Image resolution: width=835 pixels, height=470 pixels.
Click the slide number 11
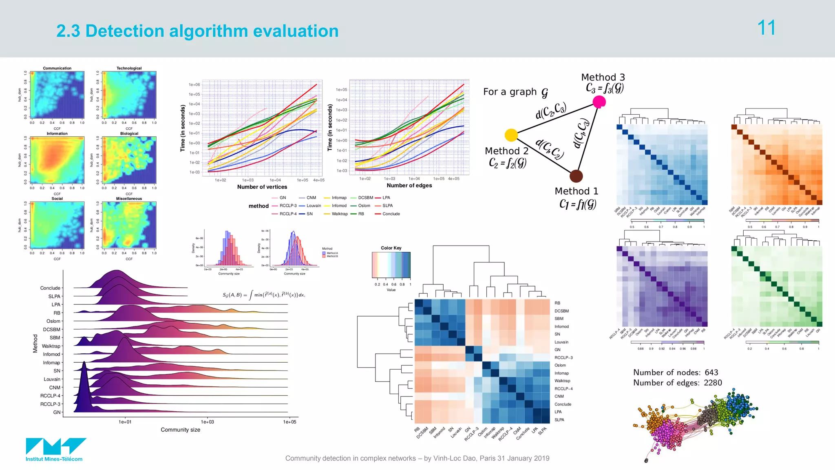point(766,28)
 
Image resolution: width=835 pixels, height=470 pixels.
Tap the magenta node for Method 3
point(599,102)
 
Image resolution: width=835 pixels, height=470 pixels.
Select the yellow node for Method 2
point(511,135)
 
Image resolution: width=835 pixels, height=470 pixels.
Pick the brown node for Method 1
point(576,176)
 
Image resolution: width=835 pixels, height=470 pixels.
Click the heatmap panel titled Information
point(57,160)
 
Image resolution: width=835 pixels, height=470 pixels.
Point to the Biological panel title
point(129,133)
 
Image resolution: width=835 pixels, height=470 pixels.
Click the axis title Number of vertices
point(262,187)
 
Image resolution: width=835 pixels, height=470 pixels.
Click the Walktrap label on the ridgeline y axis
point(51,346)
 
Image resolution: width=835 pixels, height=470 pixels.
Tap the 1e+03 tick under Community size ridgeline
point(207,422)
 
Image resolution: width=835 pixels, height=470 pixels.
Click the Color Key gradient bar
point(391,265)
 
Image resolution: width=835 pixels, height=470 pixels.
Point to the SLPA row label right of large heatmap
point(559,420)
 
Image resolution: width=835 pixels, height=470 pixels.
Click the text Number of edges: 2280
point(677,383)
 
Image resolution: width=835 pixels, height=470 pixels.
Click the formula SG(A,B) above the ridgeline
point(263,295)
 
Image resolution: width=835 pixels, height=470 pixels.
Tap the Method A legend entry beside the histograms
point(331,253)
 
